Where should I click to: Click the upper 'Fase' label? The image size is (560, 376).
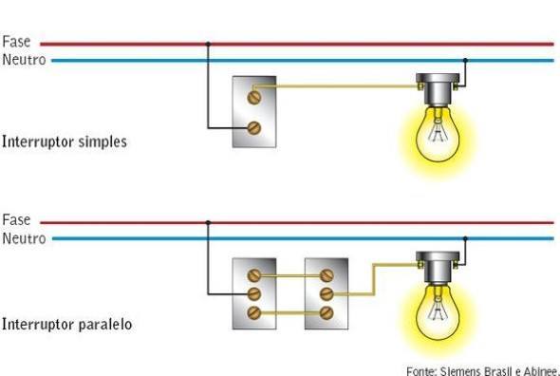pos(16,42)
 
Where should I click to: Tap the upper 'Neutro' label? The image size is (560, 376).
pos(23,59)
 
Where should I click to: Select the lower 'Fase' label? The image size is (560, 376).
pos(16,220)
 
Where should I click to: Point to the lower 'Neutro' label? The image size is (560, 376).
pos(23,237)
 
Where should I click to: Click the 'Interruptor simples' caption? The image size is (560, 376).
pos(64,141)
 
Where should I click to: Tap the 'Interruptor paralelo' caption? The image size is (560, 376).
pos(66,324)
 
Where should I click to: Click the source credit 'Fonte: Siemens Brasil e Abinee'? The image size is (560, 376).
pos(483,369)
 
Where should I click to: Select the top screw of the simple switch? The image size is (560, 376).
pos(254,96)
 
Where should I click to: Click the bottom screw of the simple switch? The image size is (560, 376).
pos(254,127)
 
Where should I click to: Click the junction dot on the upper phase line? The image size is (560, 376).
pos(208,43)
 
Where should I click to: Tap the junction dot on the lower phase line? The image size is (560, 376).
pos(208,222)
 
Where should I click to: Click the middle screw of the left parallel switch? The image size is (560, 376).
pos(254,293)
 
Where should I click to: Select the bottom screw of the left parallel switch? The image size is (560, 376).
pos(254,312)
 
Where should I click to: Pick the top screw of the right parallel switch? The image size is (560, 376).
pos(327,275)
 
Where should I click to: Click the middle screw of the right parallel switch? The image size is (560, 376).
pos(327,293)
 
